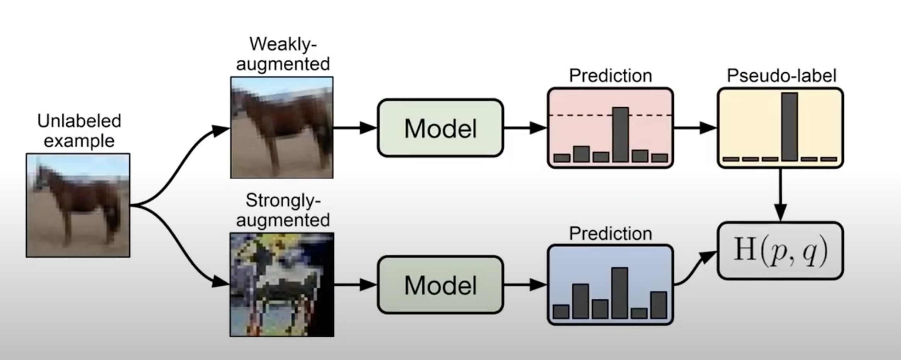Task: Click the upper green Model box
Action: click(x=440, y=128)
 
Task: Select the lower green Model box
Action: click(x=440, y=285)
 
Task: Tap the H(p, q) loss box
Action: click(x=780, y=251)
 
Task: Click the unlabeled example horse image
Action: click(x=78, y=205)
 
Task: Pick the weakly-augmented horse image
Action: click(x=282, y=128)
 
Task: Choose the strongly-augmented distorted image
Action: click(x=282, y=285)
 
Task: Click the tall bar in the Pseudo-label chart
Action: click(x=789, y=126)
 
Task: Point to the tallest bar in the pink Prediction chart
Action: click(x=620, y=135)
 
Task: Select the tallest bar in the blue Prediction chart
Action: click(x=619, y=293)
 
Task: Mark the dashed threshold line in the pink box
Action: click(x=581, y=116)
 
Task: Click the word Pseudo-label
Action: click(x=781, y=75)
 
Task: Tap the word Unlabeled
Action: click(x=79, y=121)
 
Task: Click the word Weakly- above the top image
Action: click(x=283, y=44)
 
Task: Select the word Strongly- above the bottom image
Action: click(x=283, y=201)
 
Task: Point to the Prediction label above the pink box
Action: click(x=610, y=75)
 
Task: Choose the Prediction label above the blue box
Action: click(x=610, y=234)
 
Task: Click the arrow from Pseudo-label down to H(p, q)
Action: click(x=780, y=195)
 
